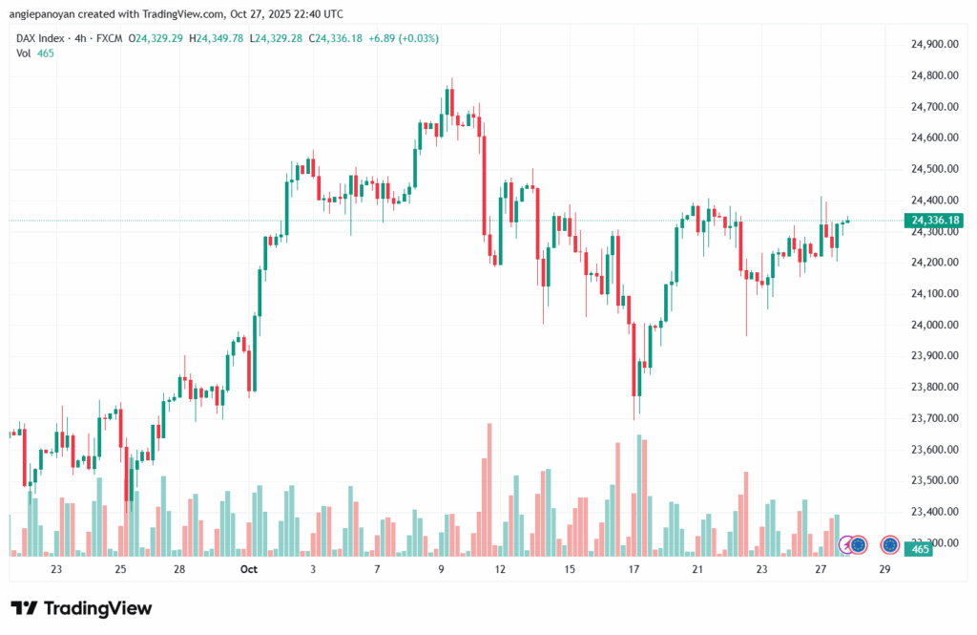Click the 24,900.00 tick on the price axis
(x=934, y=45)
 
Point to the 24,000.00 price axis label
(x=934, y=326)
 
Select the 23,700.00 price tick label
(x=934, y=419)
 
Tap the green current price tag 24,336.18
(x=935, y=221)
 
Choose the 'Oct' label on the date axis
(x=249, y=569)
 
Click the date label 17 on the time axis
(x=633, y=569)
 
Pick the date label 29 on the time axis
(x=884, y=569)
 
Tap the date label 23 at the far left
(x=56, y=569)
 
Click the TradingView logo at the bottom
(x=81, y=608)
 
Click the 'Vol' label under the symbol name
(x=24, y=53)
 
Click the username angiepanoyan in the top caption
(x=47, y=14)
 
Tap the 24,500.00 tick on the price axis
(x=934, y=170)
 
